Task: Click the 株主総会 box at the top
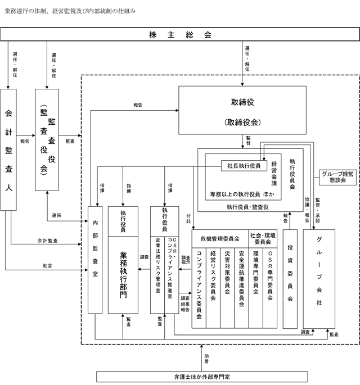[x=180, y=34]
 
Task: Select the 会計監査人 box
[x=8, y=150]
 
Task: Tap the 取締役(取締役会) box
[x=242, y=110]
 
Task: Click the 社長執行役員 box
[x=244, y=166]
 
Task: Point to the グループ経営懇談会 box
[x=337, y=177]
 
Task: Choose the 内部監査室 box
[x=95, y=260]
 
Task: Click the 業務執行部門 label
[x=123, y=275]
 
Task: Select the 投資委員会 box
[x=290, y=279]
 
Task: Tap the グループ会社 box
[x=319, y=279]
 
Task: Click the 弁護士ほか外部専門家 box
[x=202, y=377]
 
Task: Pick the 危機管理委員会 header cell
[x=220, y=239]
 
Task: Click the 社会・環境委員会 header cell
[x=263, y=239]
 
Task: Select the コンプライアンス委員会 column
[x=199, y=288]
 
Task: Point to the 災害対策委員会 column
[x=227, y=288]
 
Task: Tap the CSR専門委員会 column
[x=270, y=288]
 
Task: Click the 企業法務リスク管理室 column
[x=157, y=275]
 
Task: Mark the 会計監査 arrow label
[x=47, y=241]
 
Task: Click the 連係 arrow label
[x=56, y=215]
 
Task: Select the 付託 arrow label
[x=188, y=219]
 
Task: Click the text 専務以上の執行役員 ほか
[x=242, y=194]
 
